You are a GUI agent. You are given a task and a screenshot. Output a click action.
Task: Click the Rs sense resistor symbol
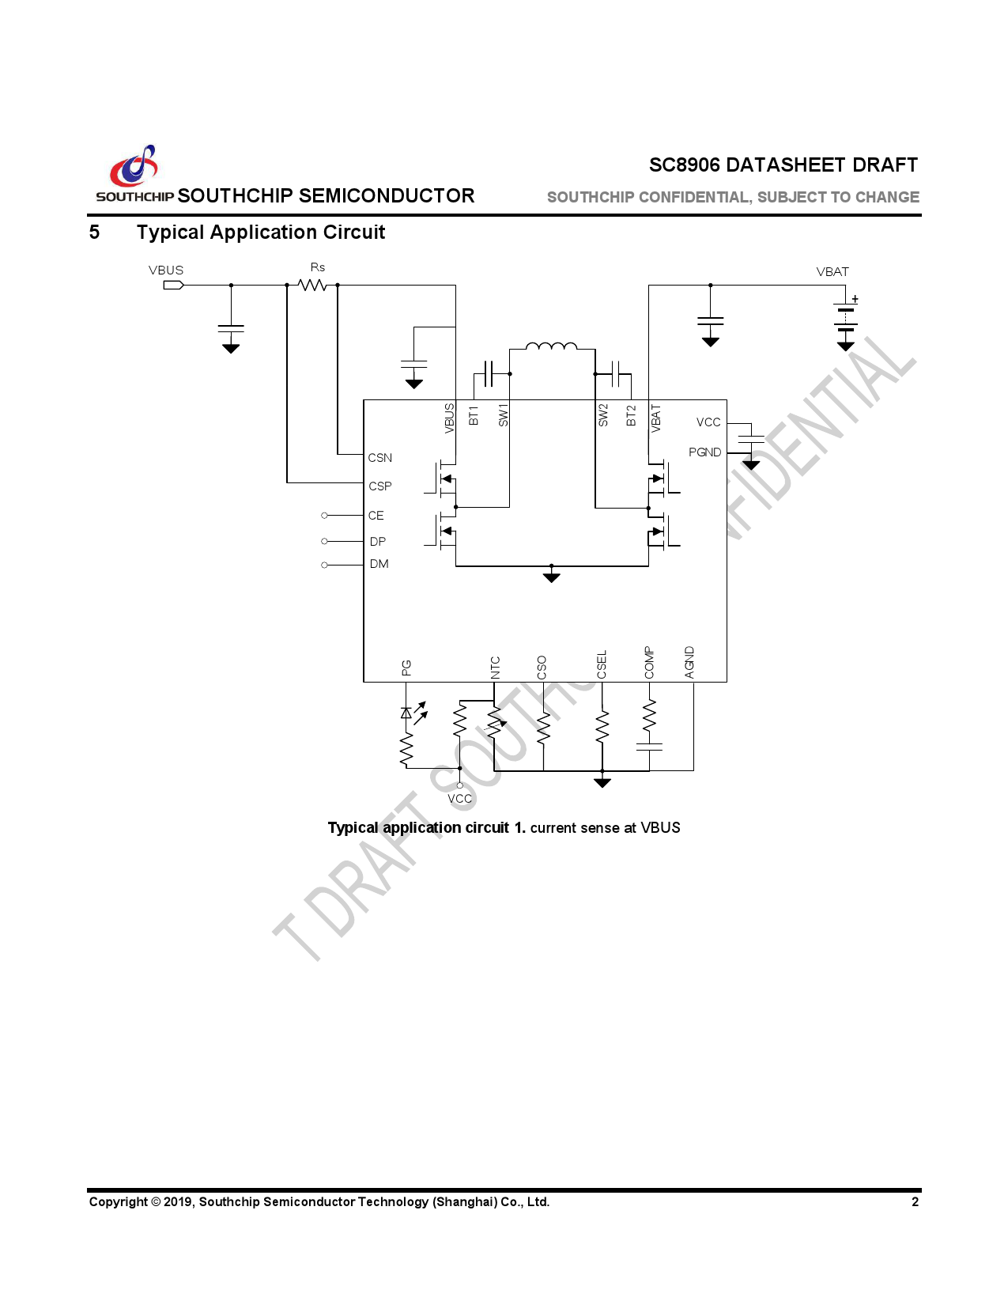coord(312,285)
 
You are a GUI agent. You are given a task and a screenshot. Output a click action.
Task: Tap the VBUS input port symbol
coord(173,285)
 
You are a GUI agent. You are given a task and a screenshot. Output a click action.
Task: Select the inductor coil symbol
coord(552,346)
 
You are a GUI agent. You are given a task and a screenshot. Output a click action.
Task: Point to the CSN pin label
coord(379,458)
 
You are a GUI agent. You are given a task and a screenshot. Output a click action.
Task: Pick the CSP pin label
coord(379,486)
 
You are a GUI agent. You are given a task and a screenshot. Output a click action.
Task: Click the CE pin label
coord(376,516)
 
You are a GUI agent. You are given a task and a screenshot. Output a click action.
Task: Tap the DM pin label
coord(379,564)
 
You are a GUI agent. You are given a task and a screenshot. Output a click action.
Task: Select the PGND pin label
coord(704,452)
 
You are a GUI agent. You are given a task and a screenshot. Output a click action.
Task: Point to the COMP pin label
coord(649,663)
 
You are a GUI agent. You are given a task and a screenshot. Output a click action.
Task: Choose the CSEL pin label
coord(602,664)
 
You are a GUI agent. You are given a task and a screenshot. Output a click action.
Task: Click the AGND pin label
coord(689,663)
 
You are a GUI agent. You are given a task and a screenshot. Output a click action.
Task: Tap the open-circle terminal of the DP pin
coord(324,541)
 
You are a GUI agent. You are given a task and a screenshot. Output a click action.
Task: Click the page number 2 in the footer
coord(915,1202)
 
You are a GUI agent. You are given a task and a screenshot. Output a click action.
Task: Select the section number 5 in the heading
coord(94,233)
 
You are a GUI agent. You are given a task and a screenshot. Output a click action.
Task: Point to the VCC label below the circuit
coord(459,799)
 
